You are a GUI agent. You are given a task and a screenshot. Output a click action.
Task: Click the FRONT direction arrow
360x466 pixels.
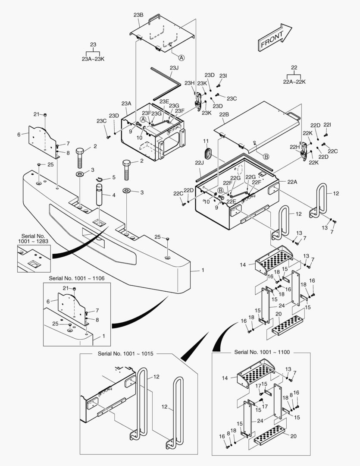point(275,38)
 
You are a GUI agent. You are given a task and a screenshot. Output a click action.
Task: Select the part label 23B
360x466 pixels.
point(138,15)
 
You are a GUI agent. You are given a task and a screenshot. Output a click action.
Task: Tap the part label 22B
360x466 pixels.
point(224,115)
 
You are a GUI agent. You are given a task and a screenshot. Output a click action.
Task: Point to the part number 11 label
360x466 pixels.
point(206,142)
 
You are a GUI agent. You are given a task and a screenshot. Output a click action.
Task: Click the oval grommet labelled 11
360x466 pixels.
point(208,153)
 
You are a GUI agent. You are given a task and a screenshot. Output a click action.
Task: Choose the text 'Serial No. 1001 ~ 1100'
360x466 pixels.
point(261,352)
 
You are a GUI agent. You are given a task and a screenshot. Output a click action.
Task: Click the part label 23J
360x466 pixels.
point(174,68)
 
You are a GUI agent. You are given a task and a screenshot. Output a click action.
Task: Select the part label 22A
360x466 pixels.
point(292,182)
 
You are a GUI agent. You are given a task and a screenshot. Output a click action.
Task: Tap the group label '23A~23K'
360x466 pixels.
point(93,59)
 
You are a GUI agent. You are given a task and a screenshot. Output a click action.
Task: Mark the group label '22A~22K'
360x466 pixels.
point(294,82)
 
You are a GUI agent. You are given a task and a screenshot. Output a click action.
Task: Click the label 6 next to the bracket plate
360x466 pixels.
point(19,135)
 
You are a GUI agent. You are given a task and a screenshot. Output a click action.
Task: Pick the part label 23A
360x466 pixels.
point(126,104)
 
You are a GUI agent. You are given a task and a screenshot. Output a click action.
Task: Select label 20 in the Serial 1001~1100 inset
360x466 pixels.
point(293,436)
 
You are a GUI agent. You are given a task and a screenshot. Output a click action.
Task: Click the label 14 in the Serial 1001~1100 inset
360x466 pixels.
point(225,378)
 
